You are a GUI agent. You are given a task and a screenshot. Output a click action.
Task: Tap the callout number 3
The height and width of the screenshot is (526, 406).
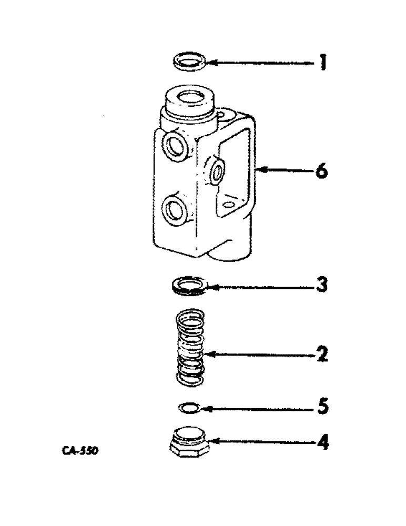(321, 286)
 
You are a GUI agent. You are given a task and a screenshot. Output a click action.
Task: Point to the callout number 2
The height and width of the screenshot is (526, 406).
(321, 355)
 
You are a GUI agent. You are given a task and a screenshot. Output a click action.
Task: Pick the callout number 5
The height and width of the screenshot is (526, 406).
(321, 407)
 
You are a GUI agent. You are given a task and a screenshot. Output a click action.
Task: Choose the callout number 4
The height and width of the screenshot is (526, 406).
(321, 443)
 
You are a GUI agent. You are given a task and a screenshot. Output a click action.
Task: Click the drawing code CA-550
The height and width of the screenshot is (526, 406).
(80, 451)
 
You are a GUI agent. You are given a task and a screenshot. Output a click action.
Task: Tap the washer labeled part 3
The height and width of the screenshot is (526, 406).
(190, 285)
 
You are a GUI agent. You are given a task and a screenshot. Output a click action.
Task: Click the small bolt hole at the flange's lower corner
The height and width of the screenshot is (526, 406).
(227, 203)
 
